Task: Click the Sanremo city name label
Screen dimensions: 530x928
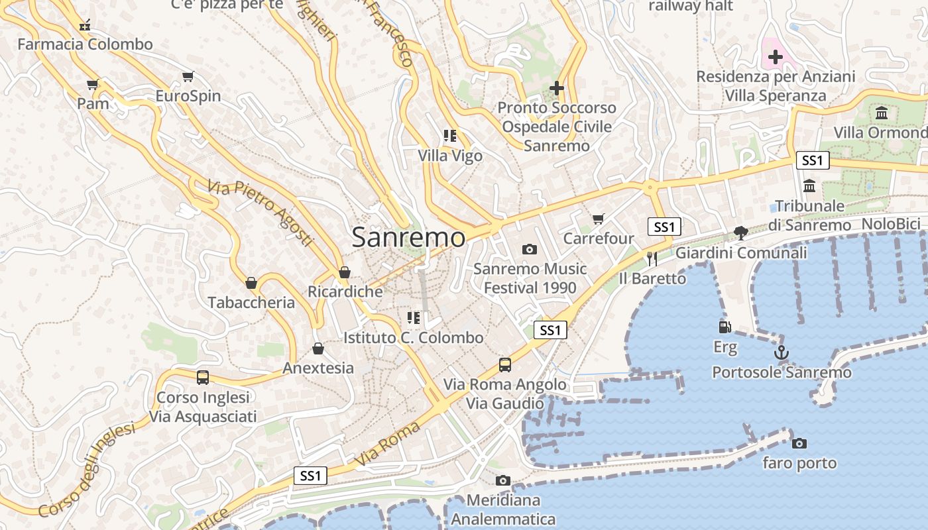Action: coord(408,237)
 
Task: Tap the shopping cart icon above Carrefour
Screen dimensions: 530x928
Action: coord(599,219)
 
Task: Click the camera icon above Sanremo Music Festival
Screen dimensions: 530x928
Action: coord(529,249)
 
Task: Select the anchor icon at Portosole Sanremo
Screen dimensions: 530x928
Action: coord(782,352)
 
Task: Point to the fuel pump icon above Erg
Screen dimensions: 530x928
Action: coord(725,327)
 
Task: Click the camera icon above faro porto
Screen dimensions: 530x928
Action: coord(799,443)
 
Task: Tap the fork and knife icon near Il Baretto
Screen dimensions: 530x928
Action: coord(652,258)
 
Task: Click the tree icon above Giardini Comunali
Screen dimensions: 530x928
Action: coord(741,233)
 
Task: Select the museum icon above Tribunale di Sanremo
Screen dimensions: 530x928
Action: coord(809,185)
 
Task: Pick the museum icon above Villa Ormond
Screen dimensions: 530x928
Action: coord(882,113)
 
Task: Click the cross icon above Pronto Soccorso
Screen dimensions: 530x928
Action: coord(557,87)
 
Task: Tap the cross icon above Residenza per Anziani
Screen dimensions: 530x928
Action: coord(776,57)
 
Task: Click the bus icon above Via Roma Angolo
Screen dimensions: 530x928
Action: coord(505,364)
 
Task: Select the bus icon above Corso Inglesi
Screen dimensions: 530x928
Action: coord(203,378)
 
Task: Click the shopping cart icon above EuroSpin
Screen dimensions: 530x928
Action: coord(188,76)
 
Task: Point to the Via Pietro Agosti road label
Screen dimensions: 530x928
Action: coord(260,213)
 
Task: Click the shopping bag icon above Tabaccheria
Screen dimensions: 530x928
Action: coord(251,283)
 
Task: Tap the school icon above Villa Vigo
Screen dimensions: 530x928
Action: coord(450,136)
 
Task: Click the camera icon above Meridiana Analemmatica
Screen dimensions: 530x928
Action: coord(503,480)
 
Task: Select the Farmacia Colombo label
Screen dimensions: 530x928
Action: coord(85,44)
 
